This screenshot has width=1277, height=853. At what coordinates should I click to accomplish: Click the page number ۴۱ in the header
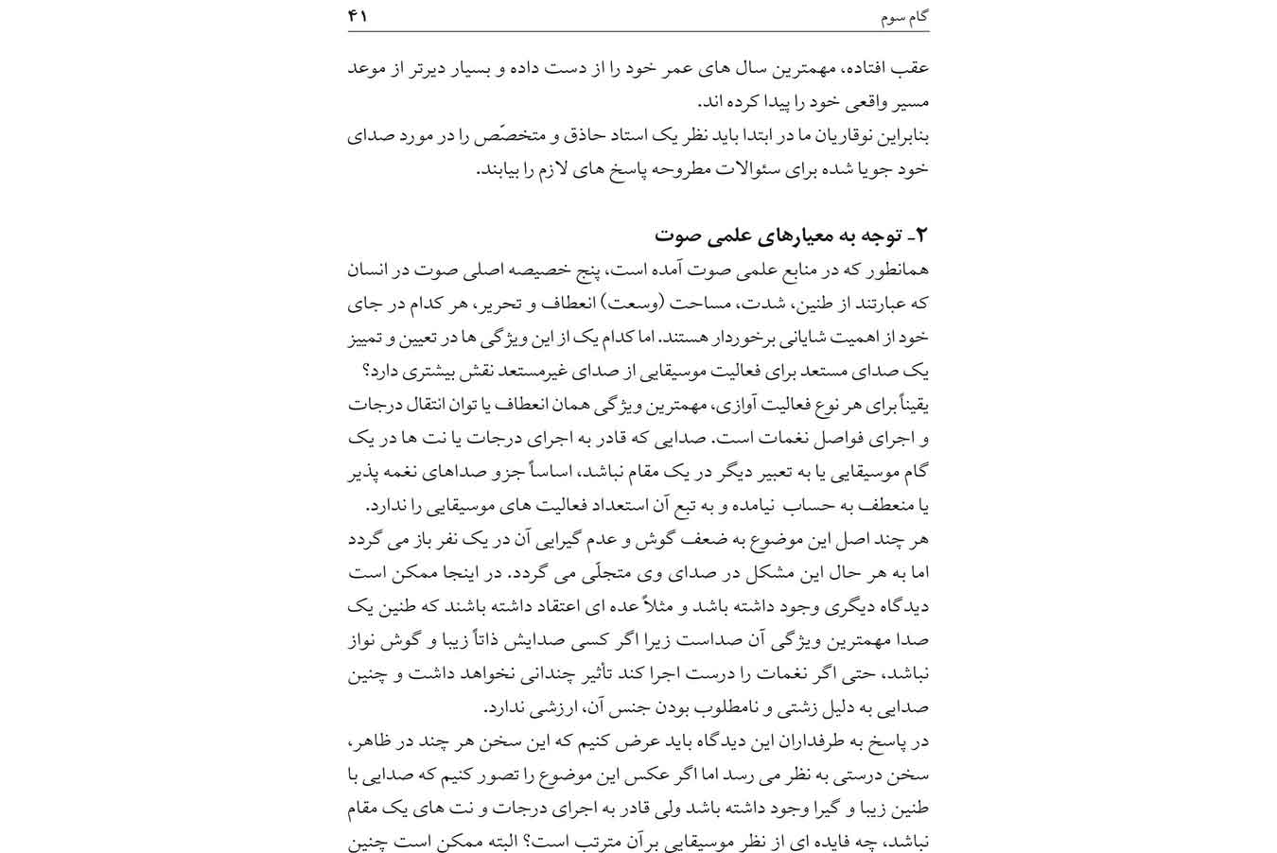[359, 16]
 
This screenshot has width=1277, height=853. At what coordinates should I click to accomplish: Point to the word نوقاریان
[842, 136]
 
